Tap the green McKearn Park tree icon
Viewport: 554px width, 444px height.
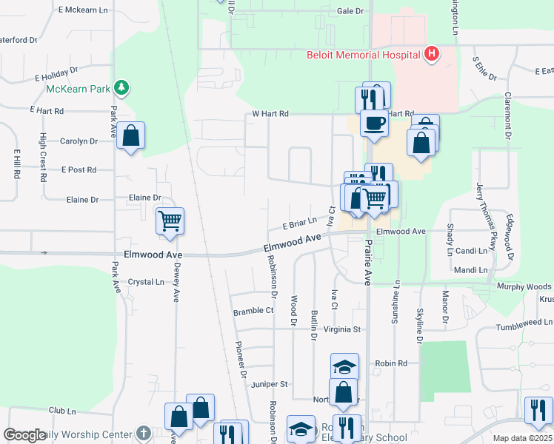point(121,89)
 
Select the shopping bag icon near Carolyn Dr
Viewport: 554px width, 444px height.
point(130,136)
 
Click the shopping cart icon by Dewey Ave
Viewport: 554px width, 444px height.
point(170,220)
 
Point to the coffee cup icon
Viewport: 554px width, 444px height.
point(374,122)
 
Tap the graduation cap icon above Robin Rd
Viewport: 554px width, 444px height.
point(344,367)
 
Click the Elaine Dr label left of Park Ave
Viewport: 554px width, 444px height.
point(82,200)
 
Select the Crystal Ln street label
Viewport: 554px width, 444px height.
point(146,282)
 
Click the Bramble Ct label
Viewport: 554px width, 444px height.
point(253,312)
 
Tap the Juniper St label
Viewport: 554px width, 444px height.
point(270,384)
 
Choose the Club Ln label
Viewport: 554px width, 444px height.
point(62,410)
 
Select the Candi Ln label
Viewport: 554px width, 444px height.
point(471,251)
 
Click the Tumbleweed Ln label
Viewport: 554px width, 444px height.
point(524,323)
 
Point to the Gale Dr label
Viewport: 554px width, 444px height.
point(350,11)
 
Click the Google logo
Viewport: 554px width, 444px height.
point(24,434)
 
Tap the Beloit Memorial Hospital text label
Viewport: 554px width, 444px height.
point(363,54)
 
